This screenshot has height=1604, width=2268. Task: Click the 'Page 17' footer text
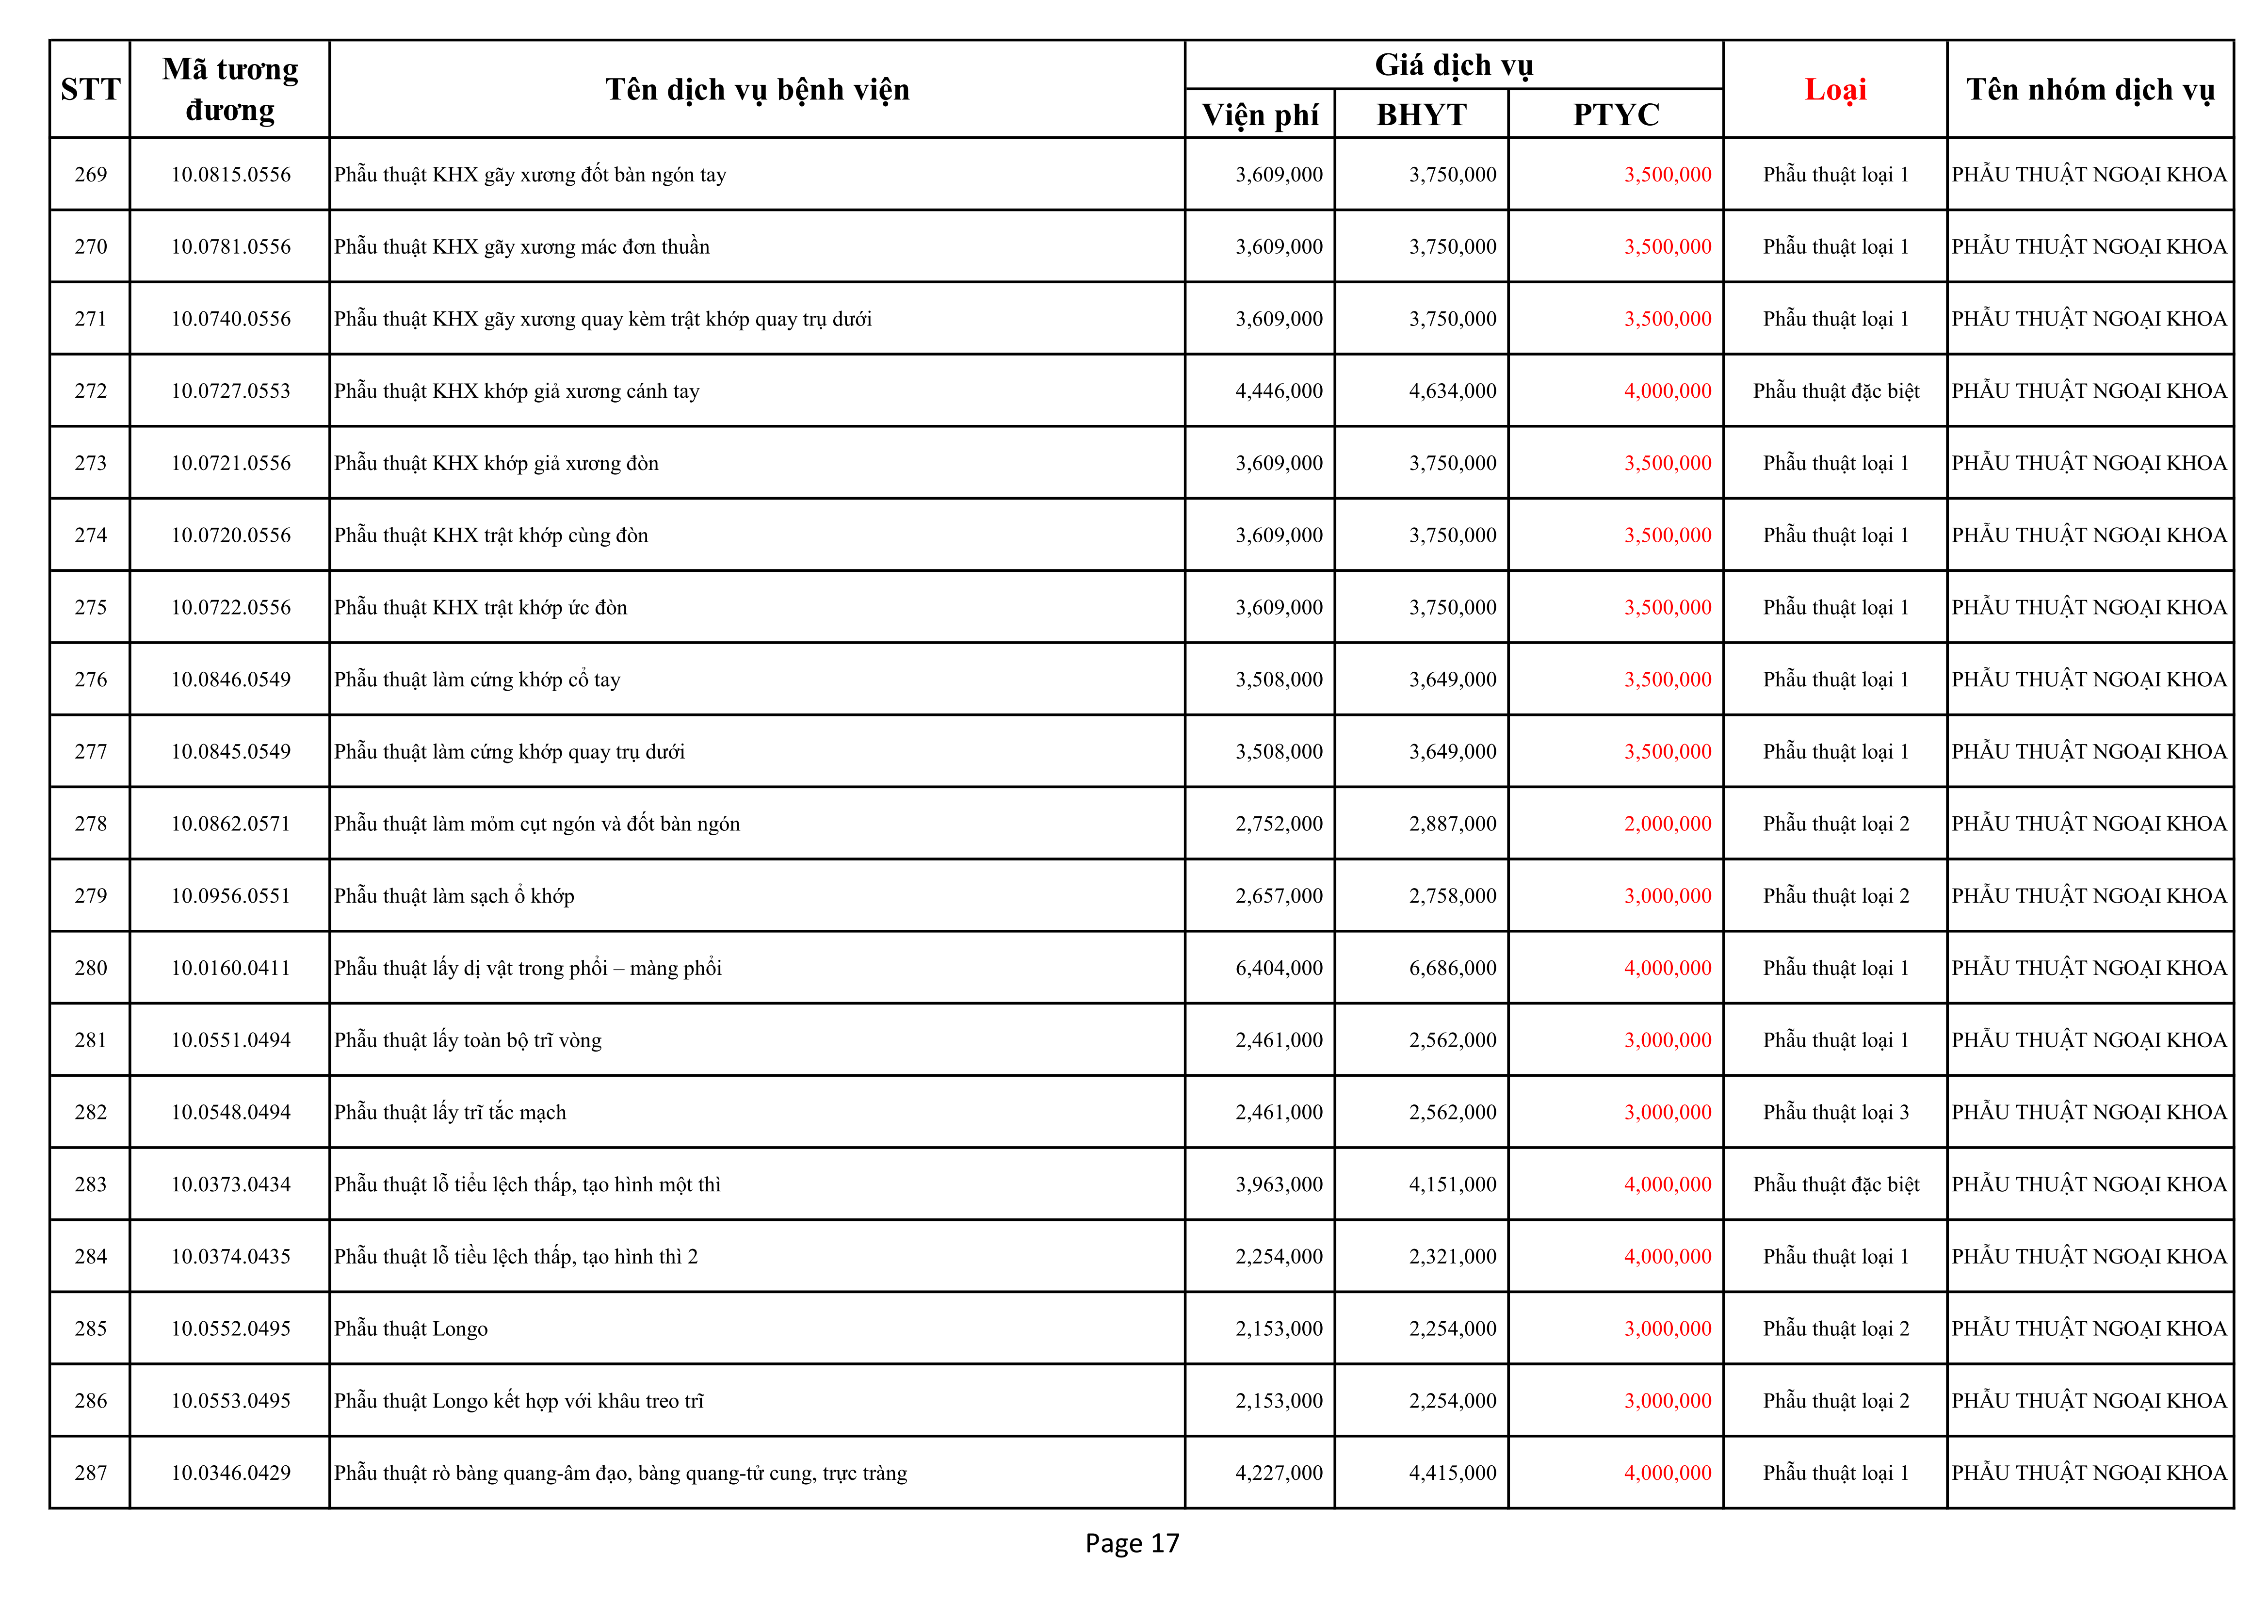pos(1132,1543)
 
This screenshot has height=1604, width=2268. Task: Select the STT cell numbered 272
pos(91,391)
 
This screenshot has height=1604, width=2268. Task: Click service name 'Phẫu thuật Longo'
pos(411,1329)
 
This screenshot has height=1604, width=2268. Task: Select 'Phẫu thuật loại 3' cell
pos(1835,1112)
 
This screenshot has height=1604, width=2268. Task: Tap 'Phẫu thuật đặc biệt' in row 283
pos(1835,1184)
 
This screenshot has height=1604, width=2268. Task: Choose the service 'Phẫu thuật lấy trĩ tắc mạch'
pos(451,1112)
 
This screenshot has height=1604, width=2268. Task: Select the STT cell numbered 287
pos(91,1473)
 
